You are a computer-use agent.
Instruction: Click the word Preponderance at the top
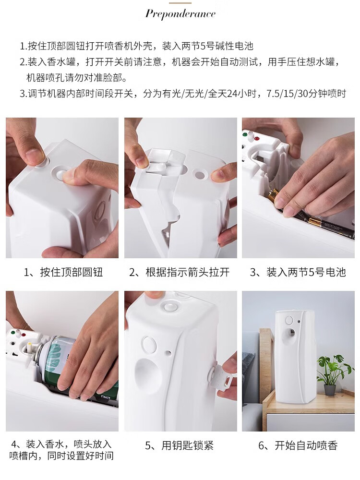[180, 14]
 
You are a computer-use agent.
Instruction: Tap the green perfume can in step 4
[61, 364]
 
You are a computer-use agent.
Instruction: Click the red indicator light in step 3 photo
[256, 138]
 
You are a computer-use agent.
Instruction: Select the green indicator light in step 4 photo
[13, 333]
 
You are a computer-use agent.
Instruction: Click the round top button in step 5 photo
[169, 305]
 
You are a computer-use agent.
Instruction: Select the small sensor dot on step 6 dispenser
[299, 322]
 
